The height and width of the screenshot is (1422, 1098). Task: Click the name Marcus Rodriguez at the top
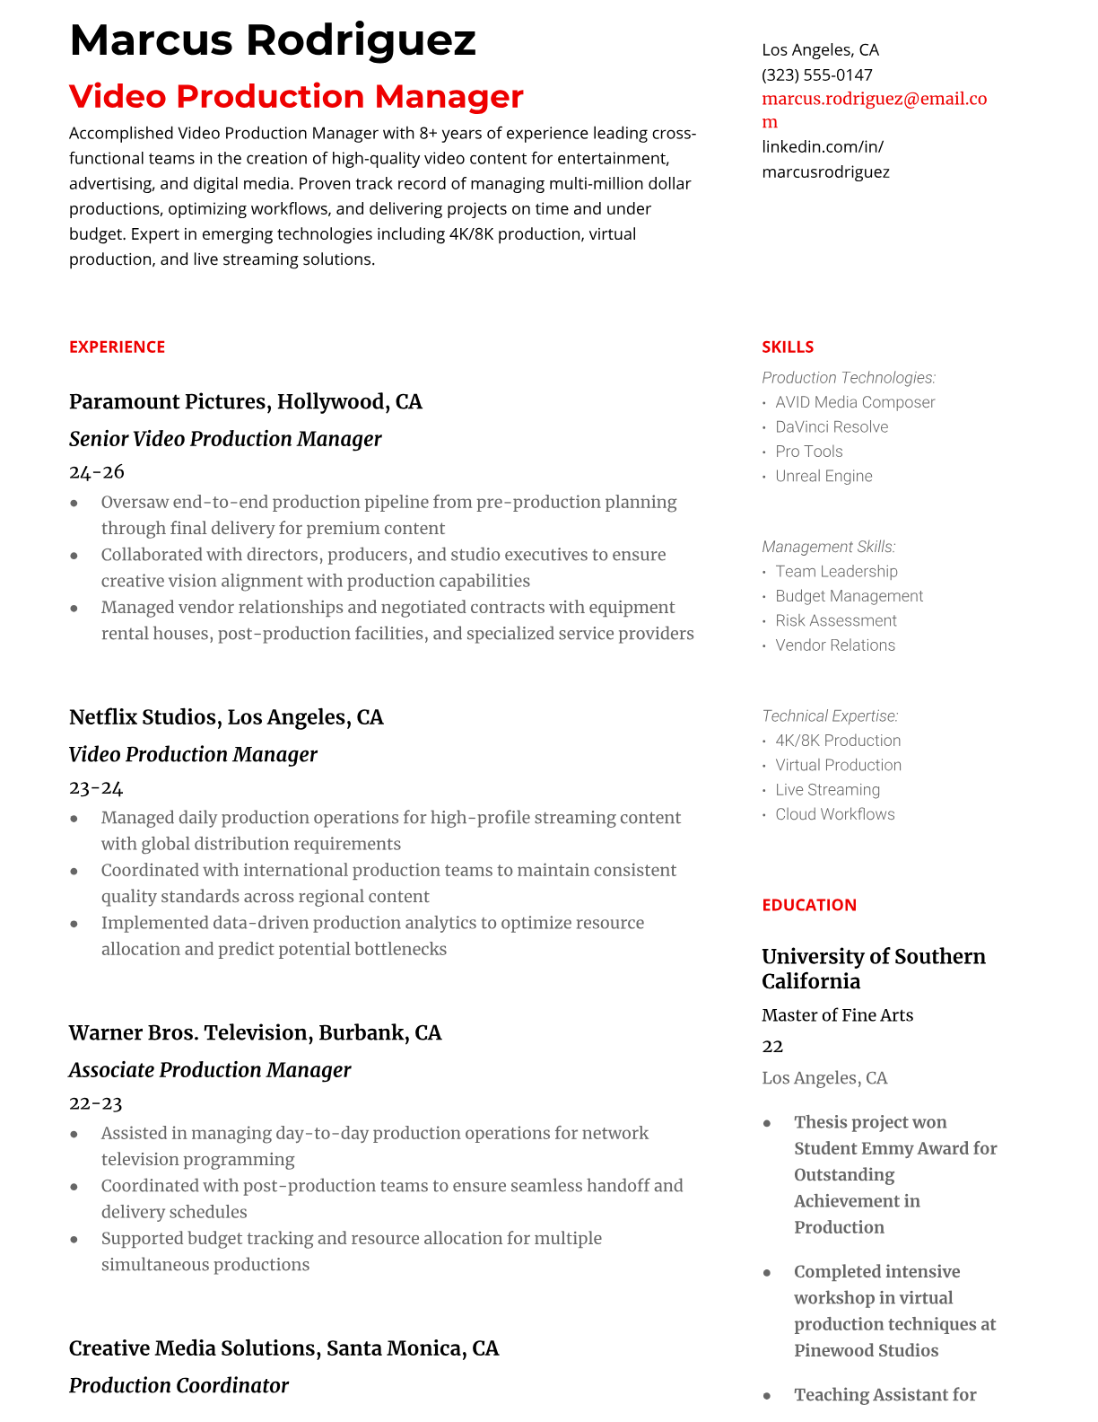coord(273,40)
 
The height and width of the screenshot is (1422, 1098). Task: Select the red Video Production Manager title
coord(296,96)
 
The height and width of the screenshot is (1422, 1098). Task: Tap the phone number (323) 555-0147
coord(816,75)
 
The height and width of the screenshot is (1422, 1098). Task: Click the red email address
coord(874,100)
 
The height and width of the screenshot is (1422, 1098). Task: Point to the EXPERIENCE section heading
coord(117,347)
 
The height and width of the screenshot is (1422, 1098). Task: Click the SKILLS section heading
coord(788,347)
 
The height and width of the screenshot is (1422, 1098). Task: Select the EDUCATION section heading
coord(809,905)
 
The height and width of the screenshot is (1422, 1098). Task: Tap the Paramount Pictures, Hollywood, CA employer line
coord(245,401)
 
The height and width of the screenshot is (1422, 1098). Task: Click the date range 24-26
coord(97,471)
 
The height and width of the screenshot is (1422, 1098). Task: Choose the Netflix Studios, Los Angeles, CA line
coord(226,717)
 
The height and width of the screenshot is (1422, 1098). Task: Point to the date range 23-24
coord(96,787)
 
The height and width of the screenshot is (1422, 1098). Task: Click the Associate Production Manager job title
coord(210,1070)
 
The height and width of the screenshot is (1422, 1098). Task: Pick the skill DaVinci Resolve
coord(832,426)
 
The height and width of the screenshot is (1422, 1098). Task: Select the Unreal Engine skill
coord(823,476)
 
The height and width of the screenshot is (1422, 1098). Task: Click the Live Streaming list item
coord(827,790)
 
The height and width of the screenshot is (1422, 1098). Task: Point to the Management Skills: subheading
coord(828,547)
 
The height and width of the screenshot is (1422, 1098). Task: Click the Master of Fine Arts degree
coord(837,1015)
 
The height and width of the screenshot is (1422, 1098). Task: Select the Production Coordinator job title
coord(179,1385)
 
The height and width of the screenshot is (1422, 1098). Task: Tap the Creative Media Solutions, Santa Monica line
coord(283,1348)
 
